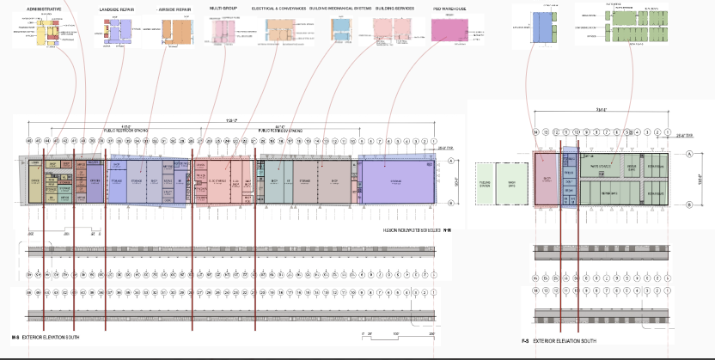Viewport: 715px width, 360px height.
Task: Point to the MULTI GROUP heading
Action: tap(223, 8)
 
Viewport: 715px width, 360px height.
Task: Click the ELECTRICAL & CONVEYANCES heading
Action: tap(284, 8)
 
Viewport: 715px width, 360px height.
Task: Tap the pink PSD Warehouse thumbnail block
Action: tap(450, 30)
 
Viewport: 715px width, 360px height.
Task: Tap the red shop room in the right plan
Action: tap(547, 180)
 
